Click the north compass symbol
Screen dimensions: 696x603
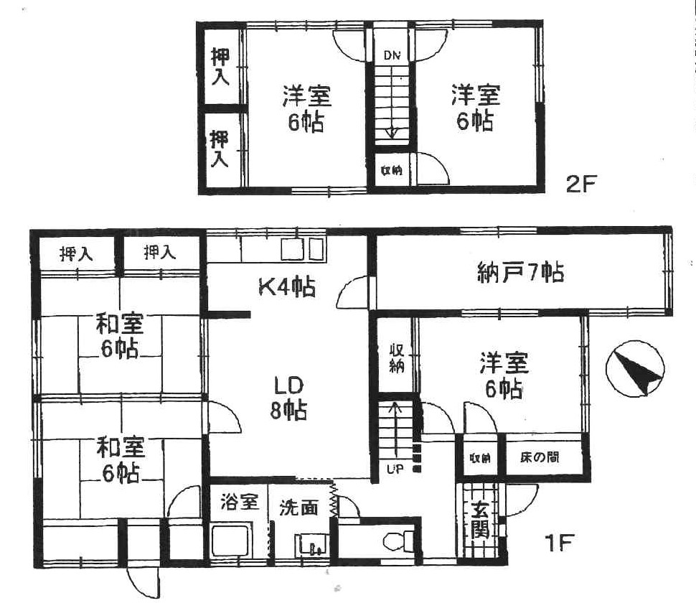click(x=635, y=368)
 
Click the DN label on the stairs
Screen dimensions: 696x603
click(x=392, y=55)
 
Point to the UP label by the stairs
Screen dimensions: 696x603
click(x=395, y=469)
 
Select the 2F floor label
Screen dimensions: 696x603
click(x=581, y=184)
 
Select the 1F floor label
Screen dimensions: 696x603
click(x=559, y=542)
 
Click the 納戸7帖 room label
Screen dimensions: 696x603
click(x=521, y=273)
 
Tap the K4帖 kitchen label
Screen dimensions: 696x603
click(x=287, y=287)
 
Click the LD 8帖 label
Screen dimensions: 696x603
click(x=288, y=398)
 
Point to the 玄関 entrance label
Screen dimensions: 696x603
click(x=480, y=520)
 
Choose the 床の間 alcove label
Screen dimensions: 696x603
click(x=540, y=457)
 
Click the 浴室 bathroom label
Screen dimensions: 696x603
click(x=239, y=502)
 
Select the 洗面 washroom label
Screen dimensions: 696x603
click(x=298, y=508)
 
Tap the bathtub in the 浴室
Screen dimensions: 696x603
click(x=232, y=540)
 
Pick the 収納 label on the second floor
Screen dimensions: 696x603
click(x=392, y=170)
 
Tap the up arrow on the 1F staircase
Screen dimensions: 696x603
click(x=395, y=429)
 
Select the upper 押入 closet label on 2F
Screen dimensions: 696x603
click(x=220, y=67)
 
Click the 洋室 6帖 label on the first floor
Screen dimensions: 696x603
click(x=504, y=376)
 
